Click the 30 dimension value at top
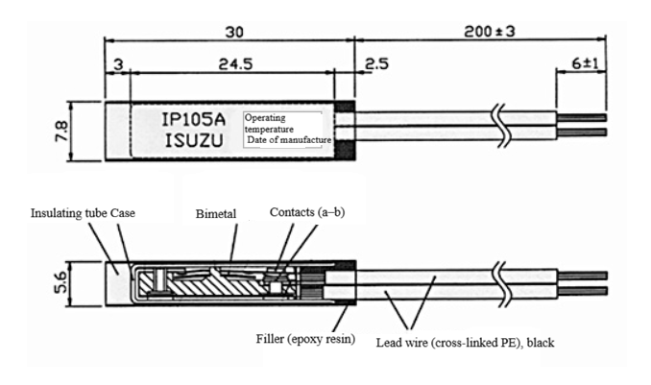pyautogui.click(x=233, y=32)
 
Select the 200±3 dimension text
pyautogui.click(x=489, y=31)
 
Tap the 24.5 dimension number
pyautogui.click(x=235, y=64)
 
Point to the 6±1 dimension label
pyautogui.click(x=586, y=63)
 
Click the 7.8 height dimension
pyautogui.click(x=61, y=131)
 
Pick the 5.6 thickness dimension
pyautogui.click(x=61, y=283)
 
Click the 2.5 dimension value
pyautogui.click(x=376, y=64)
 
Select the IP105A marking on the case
pyautogui.click(x=193, y=120)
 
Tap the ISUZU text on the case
pyautogui.click(x=194, y=141)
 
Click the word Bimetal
pyautogui.click(x=216, y=214)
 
